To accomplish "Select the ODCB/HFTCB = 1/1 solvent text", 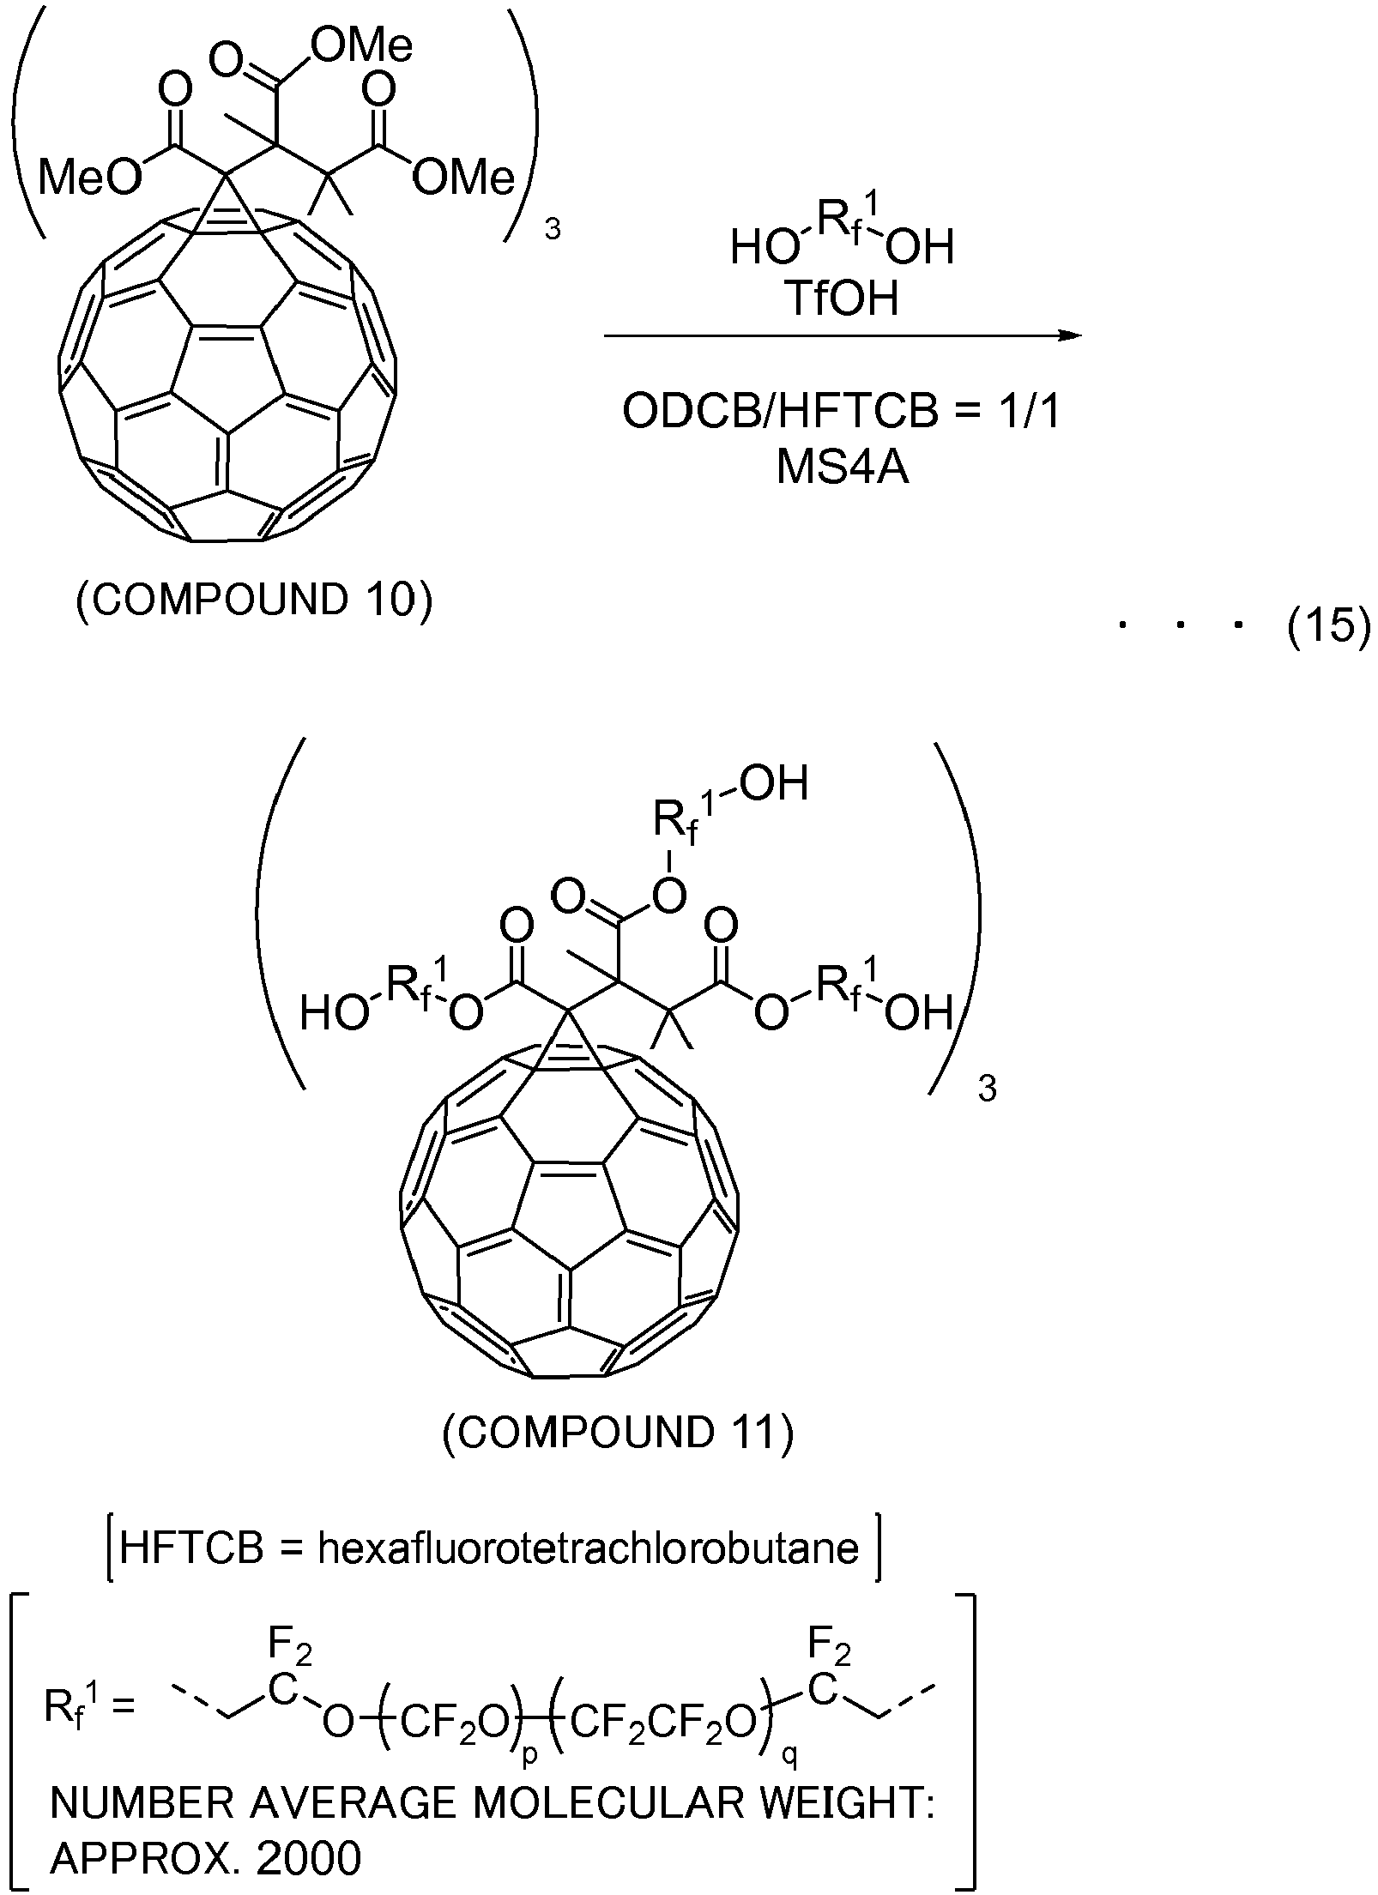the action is point(842,413).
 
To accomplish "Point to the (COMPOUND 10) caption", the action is point(255,601).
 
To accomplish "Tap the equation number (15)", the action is point(1329,628).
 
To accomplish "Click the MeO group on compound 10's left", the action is point(89,178).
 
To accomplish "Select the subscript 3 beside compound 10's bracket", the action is point(553,231).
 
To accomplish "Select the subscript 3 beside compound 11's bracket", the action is point(988,1090).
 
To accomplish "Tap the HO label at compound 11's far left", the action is point(335,1015).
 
